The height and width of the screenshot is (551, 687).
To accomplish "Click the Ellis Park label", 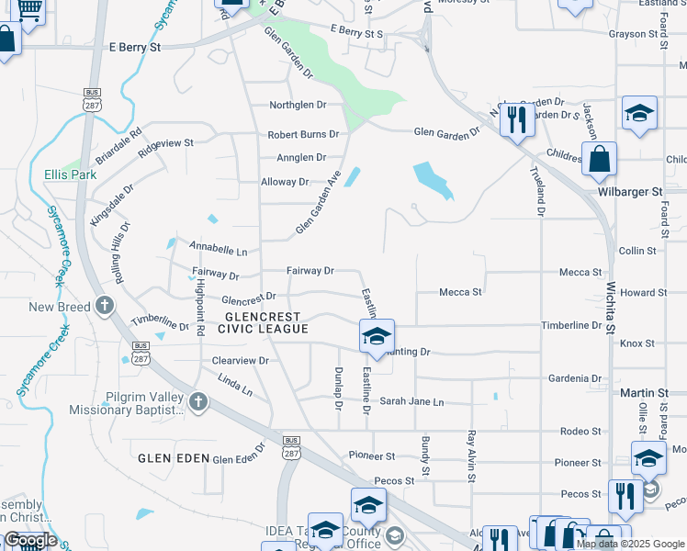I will coord(70,174).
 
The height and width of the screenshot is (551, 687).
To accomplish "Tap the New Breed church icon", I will coord(105,306).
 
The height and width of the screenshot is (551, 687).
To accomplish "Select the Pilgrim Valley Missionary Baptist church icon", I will coord(197,401).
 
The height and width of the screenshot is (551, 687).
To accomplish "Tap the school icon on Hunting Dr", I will coord(377,337).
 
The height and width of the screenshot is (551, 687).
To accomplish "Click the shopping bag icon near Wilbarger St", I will coord(599,158).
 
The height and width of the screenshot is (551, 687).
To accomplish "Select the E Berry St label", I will coord(135,46).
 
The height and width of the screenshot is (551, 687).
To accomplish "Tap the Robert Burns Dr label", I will coord(303,134).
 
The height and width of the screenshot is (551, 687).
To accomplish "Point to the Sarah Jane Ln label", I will coord(411,402).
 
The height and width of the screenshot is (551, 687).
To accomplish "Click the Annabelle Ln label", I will coord(219,249).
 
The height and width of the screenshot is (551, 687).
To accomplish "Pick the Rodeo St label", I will coord(580,431).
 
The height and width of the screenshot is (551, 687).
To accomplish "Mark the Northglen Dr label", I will coord(298,106).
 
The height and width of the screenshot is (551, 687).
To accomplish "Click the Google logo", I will coord(30,540).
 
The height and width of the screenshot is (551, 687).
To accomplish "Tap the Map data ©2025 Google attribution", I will coord(629,544).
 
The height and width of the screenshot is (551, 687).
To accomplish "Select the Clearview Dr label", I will coord(240,361).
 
